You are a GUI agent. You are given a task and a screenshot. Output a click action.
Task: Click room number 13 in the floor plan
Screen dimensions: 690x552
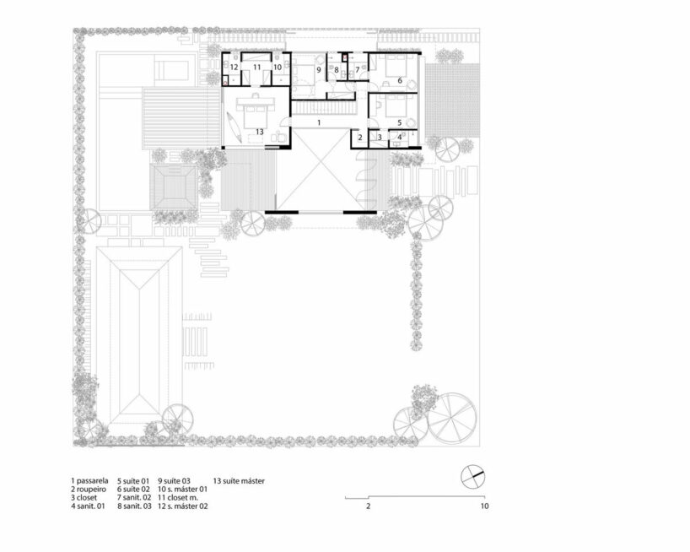260,132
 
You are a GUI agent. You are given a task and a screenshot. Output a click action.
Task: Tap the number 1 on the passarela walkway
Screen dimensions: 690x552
320,123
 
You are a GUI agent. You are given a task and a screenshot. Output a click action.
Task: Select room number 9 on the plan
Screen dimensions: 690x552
319,69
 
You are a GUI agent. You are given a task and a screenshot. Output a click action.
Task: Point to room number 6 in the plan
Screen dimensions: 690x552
400,80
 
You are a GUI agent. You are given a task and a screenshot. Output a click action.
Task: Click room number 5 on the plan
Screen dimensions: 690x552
400,123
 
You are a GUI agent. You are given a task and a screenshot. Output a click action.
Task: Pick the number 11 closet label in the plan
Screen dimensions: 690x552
257,67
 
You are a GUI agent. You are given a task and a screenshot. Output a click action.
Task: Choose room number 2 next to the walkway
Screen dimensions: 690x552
360,138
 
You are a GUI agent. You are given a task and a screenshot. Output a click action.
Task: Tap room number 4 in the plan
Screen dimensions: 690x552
400,138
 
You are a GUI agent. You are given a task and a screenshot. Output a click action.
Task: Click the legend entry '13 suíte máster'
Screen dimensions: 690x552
239,481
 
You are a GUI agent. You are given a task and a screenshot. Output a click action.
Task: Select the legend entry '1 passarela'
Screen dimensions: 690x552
89,481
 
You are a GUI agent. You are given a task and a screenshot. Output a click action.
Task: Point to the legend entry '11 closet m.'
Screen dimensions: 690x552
178,498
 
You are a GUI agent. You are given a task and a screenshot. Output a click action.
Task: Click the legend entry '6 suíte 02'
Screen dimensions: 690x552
133,490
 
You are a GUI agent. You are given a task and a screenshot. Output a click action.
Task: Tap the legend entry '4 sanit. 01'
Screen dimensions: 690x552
88,506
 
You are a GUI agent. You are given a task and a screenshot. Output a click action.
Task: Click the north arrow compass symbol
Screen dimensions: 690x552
472,476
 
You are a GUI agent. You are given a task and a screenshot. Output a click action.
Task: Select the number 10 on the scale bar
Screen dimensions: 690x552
484,506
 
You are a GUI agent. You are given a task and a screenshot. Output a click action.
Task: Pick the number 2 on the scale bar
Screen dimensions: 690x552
369,506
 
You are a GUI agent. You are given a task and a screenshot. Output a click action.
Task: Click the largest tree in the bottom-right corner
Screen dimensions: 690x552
452,418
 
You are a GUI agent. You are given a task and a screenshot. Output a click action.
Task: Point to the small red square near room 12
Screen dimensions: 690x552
225,83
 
